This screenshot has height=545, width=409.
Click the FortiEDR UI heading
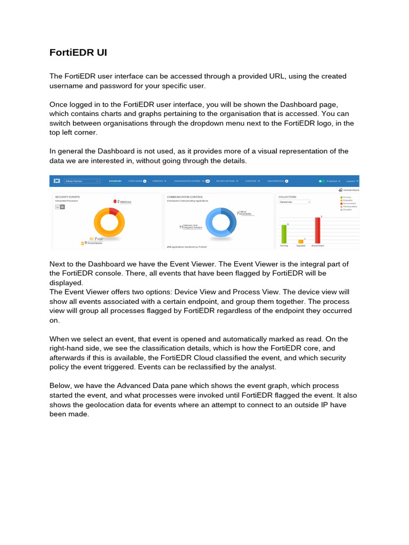pyautogui.click(x=78, y=53)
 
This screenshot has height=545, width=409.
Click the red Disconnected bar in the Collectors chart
pyautogui.click(x=317, y=230)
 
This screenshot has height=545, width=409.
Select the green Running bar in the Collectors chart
pyautogui.click(x=284, y=234)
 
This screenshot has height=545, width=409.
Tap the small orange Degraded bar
pyautogui.click(x=301, y=242)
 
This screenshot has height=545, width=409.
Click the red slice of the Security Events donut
pyautogui.click(x=114, y=211)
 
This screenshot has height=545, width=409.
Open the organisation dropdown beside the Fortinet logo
pyautogui.click(x=82, y=181)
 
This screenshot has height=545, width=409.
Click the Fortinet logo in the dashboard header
pyautogui.click(x=56, y=181)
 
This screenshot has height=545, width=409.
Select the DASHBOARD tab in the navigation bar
pyautogui.click(x=115, y=181)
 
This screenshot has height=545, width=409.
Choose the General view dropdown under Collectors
pyautogui.click(x=294, y=202)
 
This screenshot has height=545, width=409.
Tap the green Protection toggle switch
pyautogui.click(x=321, y=181)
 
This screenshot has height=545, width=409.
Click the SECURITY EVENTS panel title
pyautogui.click(x=67, y=196)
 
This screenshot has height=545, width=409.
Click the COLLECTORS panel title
pyautogui.click(x=288, y=196)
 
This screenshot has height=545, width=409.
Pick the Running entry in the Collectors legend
pyautogui.click(x=347, y=197)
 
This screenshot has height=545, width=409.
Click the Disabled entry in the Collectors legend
pyautogui.click(x=347, y=210)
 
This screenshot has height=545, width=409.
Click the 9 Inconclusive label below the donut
pyautogui.click(x=92, y=243)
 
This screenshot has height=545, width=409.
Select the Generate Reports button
pyautogui.click(x=349, y=190)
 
